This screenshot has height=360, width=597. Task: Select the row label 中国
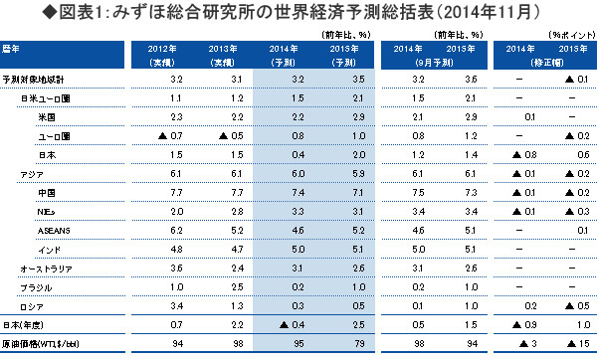point(46,190)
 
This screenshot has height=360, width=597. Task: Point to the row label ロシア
point(33,305)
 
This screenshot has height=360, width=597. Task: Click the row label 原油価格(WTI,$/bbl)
point(41,343)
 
